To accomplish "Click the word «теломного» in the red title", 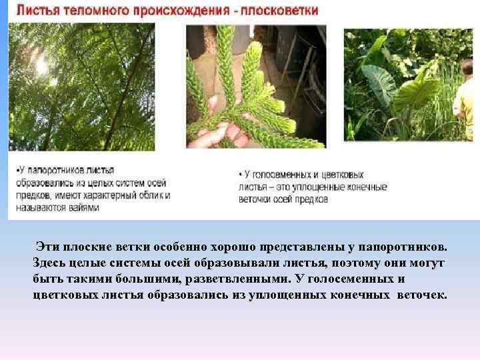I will [100, 11].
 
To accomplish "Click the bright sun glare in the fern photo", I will [41, 65].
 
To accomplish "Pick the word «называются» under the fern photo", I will [39, 207].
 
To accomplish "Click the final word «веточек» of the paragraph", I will [424, 295].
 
